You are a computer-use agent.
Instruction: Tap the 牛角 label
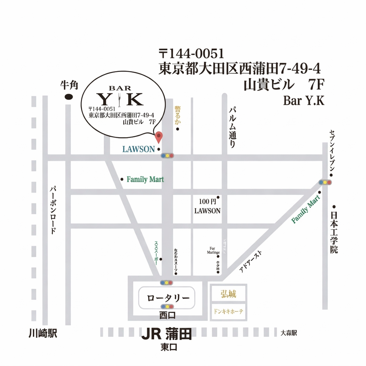(69, 85)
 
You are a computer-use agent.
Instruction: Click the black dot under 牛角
(68, 97)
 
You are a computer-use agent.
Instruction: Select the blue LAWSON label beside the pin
(138, 149)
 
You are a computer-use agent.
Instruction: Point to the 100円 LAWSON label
(207, 206)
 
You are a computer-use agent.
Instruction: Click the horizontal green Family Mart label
(145, 179)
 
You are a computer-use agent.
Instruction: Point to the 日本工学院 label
(334, 232)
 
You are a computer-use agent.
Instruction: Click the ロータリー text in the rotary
(167, 298)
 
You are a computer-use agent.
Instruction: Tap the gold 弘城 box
(228, 294)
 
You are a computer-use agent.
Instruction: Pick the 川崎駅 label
(43, 334)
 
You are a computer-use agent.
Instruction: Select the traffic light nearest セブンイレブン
(325, 182)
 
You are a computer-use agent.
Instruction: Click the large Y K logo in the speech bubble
(120, 99)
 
